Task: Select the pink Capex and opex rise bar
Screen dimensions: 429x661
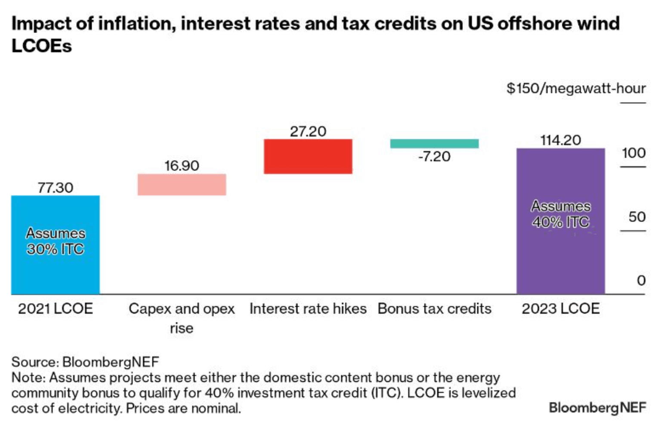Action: [182, 185]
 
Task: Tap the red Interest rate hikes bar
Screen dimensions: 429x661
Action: [308, 156]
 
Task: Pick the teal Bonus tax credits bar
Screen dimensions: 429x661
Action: [434, 143]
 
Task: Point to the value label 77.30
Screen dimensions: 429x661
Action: [55, 188]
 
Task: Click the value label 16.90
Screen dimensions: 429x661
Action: [182, 166]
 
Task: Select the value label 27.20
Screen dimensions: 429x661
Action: [308, 131]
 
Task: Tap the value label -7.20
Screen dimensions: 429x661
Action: [434, 156]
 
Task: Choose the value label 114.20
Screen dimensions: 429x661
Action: [560, 140]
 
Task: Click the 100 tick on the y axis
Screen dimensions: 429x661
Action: [633, 153]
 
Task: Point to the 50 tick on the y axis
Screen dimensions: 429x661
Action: [637, 217]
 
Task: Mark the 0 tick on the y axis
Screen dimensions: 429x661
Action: [641, 280]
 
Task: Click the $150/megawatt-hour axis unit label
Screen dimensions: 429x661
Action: [576, 88]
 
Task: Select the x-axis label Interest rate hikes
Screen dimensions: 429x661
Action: [308, 309]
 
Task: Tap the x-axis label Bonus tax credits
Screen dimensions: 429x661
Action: [434, 309]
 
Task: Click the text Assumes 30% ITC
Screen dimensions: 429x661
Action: [56, 241]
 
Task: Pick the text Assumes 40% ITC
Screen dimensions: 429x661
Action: [560, 214]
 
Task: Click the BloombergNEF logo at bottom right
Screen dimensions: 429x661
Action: [597, 407]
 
